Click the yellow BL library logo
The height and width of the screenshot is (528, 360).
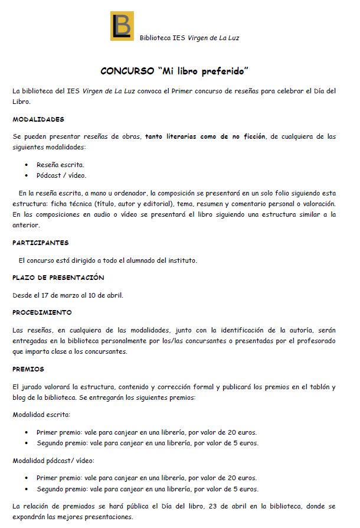pyautogui.click(x=122, y=26)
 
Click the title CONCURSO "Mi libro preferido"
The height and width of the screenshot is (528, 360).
pyautogui.click(x=174, y=71)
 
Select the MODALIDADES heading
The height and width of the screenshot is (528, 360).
pyautogui.click(x=38, y=119)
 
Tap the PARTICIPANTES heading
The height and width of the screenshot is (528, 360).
pyautogui.click(x=41, y=243)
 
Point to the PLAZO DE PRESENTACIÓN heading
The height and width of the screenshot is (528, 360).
pyautogui.click(x=58, y=278)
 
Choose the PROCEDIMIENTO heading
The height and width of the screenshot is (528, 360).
pyautogui.click(x=42, y=312)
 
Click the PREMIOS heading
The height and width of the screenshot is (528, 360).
pyautogui.click(x=28, y=369)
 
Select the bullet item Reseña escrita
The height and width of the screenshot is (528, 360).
pyautogui.click(x=60, y=165)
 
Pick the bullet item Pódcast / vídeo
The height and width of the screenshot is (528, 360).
pyautogui.click(x=61, y=175)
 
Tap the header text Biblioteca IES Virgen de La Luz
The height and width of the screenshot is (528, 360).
pyautogui.click(x=189, y=38)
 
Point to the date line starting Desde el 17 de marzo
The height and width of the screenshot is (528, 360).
pyautogui.click(x=68, y=295)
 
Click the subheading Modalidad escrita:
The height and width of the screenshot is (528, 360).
pyautogui.click(x=41, y=415)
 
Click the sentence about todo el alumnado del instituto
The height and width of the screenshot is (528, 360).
pyautogui.click(x=107, y=260)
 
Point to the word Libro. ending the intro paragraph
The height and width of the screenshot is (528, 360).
pyautogui.click(x=22, y=102)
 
